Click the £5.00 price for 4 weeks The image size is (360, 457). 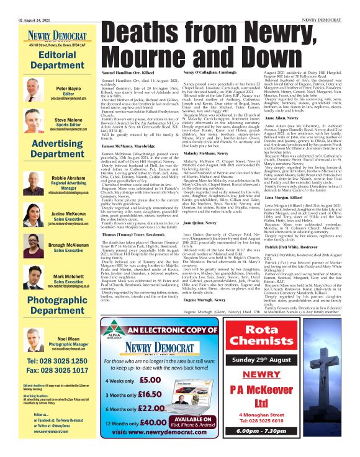[150, 381]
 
